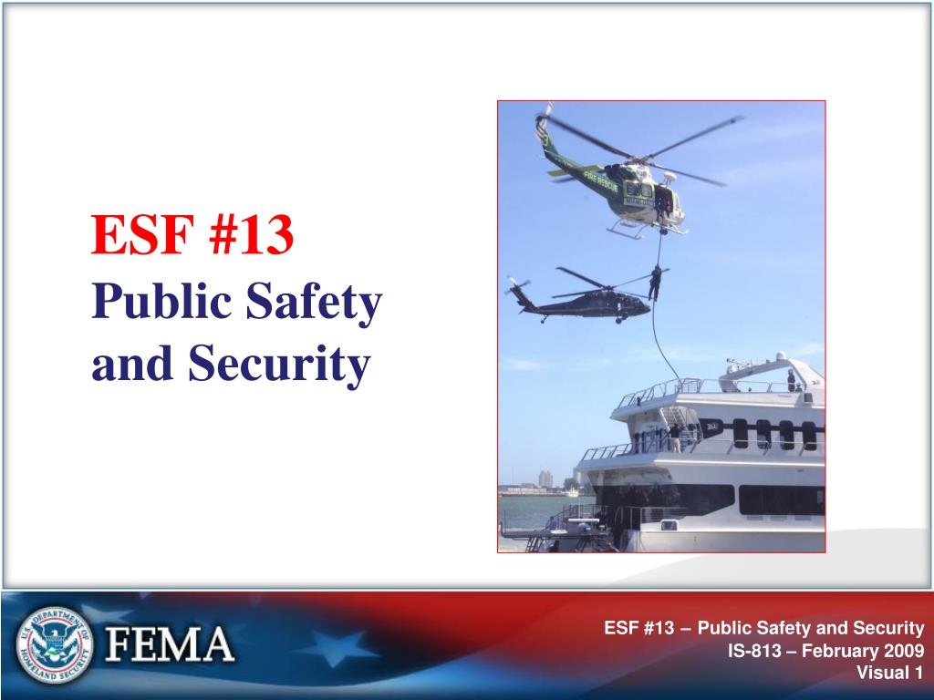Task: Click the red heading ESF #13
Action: (x=192, y=234)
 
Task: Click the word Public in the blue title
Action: (x=161, y=300)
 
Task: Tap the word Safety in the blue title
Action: (x=314, y=303)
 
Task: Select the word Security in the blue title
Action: (x=279, y=365)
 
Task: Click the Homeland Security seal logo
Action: (x=55, y=644)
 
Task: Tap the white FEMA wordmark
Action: (x=170, y=644)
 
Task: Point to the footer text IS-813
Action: (x=754, y=651)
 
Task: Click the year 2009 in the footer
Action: (x=902, y=651)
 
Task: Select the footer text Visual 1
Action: (x=890, y=673)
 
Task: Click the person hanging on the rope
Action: (x=655, y=283)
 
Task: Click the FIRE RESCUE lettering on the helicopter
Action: (x=600, y=180)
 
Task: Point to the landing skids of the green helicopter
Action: (x=647, y=228)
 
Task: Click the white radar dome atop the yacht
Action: (x=781, y=356)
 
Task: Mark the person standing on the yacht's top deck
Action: (x=791, y=380)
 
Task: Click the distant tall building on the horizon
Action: (x=545, y=479)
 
